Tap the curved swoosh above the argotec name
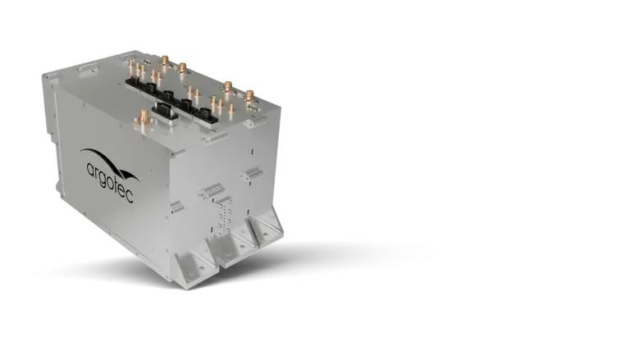[109, 162]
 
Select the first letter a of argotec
[90, 169]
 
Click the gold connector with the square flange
[142, 117]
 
